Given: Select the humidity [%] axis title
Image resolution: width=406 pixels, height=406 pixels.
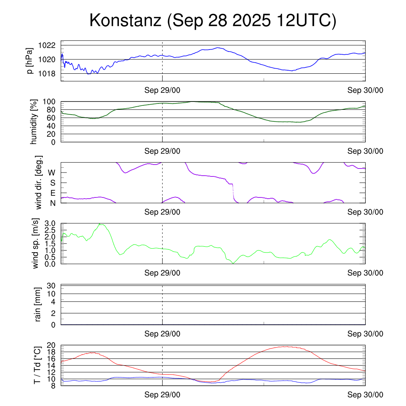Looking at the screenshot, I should (x=34, y=122).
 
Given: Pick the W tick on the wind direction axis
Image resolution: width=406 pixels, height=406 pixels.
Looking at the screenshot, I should (x=52, y=172).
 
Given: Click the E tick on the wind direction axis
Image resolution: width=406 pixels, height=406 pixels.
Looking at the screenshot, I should (x=52, y=193).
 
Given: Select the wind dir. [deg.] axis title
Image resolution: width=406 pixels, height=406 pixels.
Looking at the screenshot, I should (x=39, y=182).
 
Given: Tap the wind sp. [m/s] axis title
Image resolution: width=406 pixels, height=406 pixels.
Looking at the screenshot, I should (x=36, y=243).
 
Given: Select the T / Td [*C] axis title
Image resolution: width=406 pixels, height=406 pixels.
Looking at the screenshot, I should (x=36, y=365).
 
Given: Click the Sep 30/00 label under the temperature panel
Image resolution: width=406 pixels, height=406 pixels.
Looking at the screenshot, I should (x=365, y=395).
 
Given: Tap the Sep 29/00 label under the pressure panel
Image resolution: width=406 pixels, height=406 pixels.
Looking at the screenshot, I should (x=162, y=90).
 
